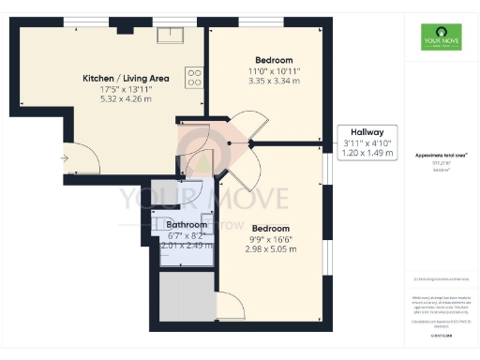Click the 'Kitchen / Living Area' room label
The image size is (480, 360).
point(126,78)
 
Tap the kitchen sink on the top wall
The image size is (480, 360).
point(170,36)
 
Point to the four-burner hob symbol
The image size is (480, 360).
point(195,77)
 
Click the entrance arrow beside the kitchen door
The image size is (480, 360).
point(64,158)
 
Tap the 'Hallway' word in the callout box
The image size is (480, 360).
point(367,132)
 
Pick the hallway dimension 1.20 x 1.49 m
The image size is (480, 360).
point(367,153)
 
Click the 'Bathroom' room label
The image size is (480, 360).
point(187,225)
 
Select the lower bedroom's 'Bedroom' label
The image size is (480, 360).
point(270,228)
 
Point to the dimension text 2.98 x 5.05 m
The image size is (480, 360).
point(270,249)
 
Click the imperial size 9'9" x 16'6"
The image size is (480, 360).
point(270,239)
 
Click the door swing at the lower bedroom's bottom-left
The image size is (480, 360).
point(230,304)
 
